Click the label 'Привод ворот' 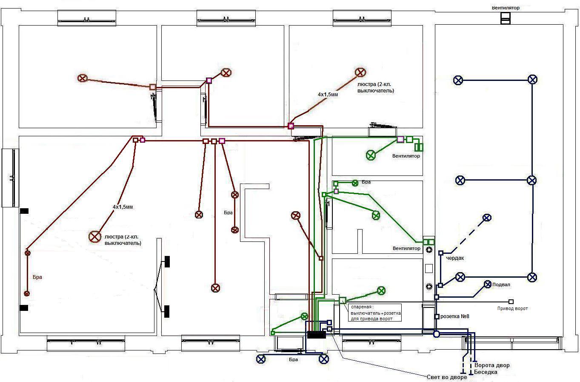[x=512, y=308]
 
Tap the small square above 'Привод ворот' [x=511, y=302]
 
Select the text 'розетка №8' [x=454, y=316]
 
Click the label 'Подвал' [x=501, y=284]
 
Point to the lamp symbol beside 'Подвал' [x=488, y=284]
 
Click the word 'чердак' [x=455, y=258]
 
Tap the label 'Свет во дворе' [x=447, y=377]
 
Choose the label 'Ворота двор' [x=492, y=365]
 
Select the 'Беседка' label [x=486, y=372]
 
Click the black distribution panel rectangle [x=317, y=334]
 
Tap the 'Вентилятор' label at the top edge [x=506, y=8]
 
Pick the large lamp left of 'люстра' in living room [x=95, y=237]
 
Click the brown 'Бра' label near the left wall [x=37, y=277]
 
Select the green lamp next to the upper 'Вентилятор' [x=371, y=155]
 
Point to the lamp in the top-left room [x=82, y=78]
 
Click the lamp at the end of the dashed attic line [x=487, y=218]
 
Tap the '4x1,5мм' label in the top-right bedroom [x=328, y=95]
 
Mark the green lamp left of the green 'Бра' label [x=355, y=183]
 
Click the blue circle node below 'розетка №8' [x=437, y=334]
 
